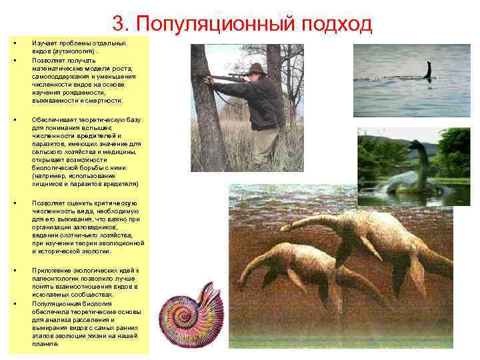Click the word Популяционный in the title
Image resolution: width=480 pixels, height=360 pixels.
coord(215,24)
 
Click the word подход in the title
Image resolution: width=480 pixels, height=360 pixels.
coord(337,24)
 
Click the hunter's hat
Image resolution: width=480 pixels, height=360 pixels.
coord(255,69)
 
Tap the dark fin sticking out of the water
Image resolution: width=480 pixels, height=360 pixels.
coord(428,70)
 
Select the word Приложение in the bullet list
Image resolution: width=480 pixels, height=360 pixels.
coord(48,269)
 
